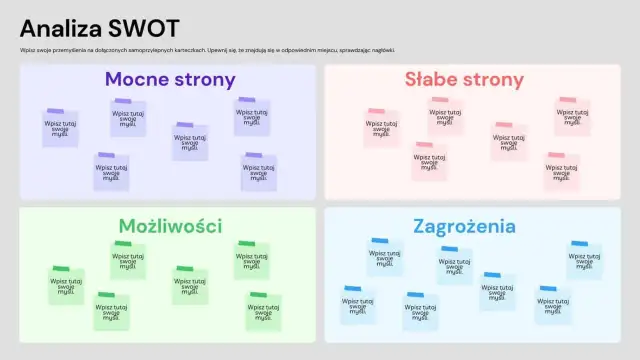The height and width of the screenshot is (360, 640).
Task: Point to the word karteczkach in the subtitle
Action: [189, 50]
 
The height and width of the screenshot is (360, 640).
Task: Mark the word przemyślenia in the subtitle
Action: [63, 50]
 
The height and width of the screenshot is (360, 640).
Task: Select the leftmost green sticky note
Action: [67, 286]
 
